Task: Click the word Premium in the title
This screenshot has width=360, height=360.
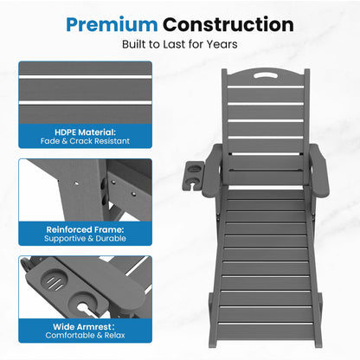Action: click(112, 25)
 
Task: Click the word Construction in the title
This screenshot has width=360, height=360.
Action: click(228, 24)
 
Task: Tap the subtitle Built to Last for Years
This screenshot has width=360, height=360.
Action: click(180, 44)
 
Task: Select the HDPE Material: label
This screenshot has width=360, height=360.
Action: click(85, 132)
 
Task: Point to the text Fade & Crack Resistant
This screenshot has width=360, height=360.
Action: click(85, 141)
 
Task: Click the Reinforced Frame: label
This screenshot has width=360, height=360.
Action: click(85, 229)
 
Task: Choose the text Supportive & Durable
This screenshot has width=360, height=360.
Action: click(85, 239)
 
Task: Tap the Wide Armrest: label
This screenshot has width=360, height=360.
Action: click(84, 327)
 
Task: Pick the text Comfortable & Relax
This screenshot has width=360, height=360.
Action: click(85, 336)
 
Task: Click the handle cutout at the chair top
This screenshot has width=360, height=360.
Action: click(266, 75)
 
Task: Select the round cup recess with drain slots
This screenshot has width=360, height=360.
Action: click(54, 280)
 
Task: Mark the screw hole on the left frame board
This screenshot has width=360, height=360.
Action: click(76, 183)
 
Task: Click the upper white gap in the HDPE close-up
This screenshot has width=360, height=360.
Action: click(85, 77)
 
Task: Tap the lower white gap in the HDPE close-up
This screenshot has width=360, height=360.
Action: click(85, 102)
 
